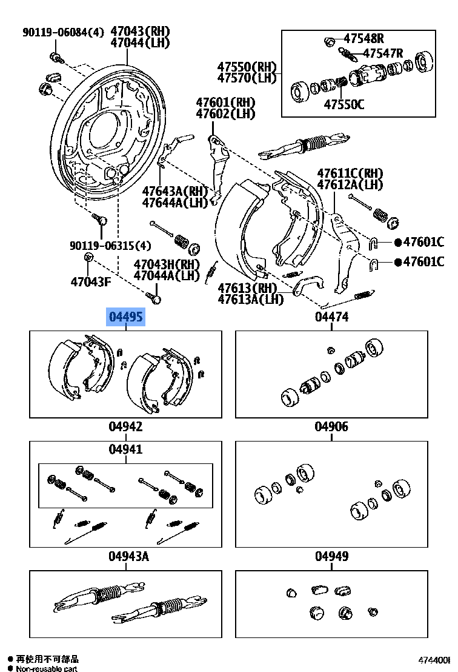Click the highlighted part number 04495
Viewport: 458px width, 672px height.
[x=126, y=317]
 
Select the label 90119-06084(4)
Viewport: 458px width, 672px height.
[x=64, y=32]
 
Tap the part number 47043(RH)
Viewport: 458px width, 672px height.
[x=140, y=32]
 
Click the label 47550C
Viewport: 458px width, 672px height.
[x=343, y=104]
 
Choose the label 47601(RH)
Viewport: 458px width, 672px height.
[x=225, y=102]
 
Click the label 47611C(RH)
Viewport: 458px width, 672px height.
[x=350, y=173]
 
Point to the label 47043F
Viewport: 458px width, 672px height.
[x=91, y=281]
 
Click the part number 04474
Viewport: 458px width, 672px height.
[x=331, y=317]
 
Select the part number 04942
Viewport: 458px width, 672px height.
[x=126, y=427]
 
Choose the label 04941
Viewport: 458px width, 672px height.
[x=126, y=449]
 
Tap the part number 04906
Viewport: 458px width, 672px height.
[x=331, y=427]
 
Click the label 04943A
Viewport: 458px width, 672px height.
[x=128, y=556]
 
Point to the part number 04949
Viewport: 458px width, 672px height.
[x=331, y=556]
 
